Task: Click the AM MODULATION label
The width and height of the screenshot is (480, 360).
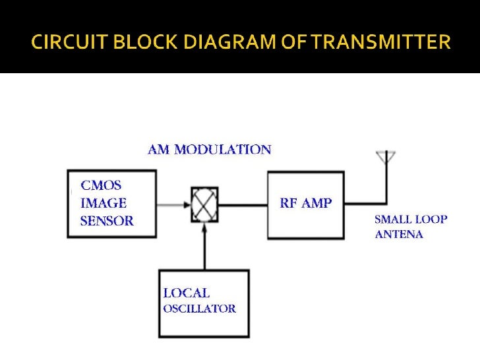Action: point(208,150)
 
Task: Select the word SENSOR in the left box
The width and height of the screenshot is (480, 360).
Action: point(107,221)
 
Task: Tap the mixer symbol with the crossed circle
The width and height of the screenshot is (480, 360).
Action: point(204,204)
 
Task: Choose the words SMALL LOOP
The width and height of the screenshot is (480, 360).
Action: point(411,219)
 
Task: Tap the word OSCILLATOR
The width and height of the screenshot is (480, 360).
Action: point(200,308)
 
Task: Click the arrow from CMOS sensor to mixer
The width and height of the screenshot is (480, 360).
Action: point(173,204)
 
